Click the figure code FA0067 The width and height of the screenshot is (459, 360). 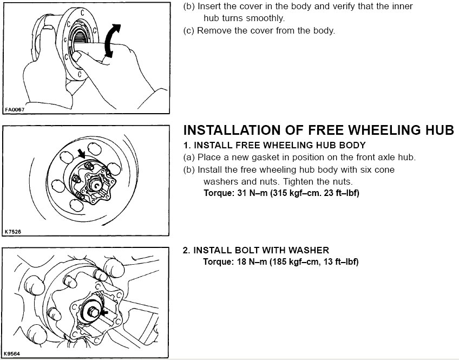pyautogui.click(x=15, y=109)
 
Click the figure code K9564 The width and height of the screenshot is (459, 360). pyautogui.click(x=14, y=354)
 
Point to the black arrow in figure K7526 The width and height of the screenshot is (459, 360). pyautogui.click(x=81, y=154)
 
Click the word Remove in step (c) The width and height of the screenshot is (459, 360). pyautogui.click(x=212, y=30)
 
